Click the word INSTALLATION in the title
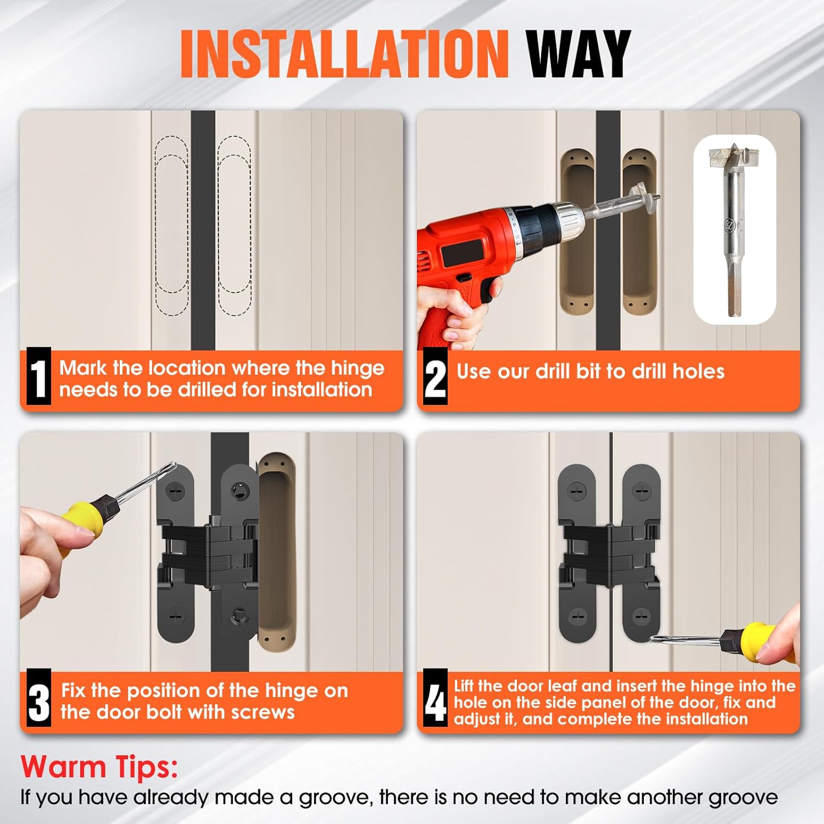pyautogui.click(x=344, y=53)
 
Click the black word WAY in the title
pyautogui.click(x=578, y=53)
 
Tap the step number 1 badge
pyautogui.click(x=38, y=378)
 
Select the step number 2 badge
pyautogui.click(x=436, y=378)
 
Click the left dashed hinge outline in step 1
pyautogui.click(x=171, y=225)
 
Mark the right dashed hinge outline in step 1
pyautogui.click(x=235, y=225)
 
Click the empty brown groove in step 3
pyautogui.click(x=277, y=549)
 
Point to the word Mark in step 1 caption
pyautogui.click(x=83, y=368)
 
